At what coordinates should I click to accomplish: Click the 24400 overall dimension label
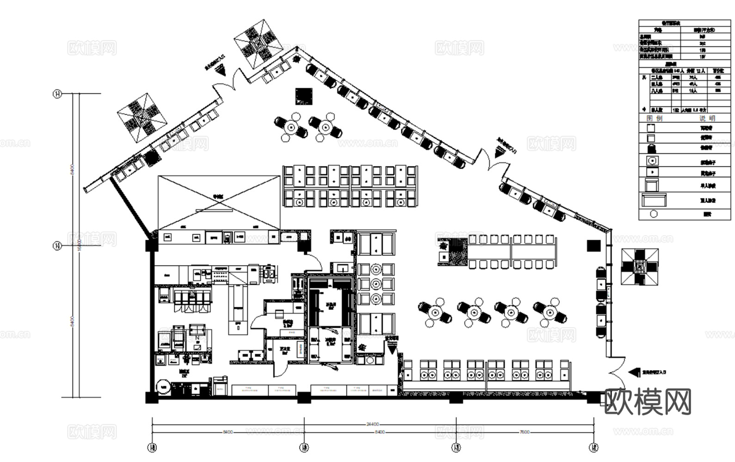tap(373, 424)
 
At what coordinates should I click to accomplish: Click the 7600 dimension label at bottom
tap(525, 432)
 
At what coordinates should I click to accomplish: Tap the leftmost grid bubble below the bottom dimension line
tap(152, 447)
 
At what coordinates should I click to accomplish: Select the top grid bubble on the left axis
tap(57, 94)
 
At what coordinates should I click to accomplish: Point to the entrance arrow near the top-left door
tap(221, 70)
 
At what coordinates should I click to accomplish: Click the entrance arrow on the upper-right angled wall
tap(500, 151)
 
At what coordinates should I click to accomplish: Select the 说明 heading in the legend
tap(707, 119)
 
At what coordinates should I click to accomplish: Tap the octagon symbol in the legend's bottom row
tap(654, 214)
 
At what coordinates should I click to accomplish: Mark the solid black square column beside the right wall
tap(594, 246)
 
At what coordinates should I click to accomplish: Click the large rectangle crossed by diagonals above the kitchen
tap(219, 202)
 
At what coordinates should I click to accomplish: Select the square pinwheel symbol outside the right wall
tap(640, 266)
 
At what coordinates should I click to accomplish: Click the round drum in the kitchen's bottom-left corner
tap(163, 386)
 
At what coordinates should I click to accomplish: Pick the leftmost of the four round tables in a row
tap(435, 313)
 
